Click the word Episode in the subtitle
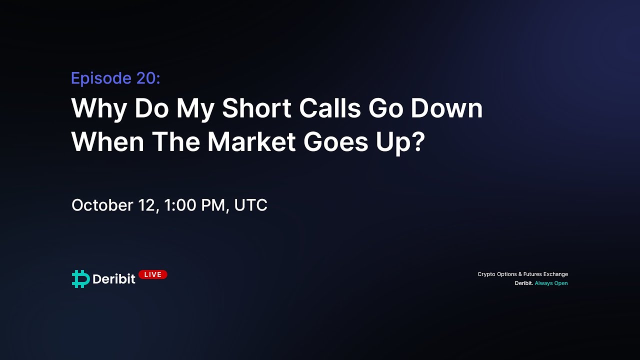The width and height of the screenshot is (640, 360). click(x=101, y=78)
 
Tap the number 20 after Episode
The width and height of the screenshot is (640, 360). click(x=148, y=78)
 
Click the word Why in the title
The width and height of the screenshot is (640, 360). click(x=99, y=109)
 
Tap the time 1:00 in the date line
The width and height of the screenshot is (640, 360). click(x=180, y=205)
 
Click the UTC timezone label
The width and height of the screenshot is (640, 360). click(x=250, y=205)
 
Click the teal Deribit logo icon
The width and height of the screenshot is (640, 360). click(x=80, y=278)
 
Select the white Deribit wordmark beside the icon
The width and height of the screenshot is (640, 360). click(x=114, y=279)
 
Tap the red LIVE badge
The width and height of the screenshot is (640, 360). click(x=152, y=274)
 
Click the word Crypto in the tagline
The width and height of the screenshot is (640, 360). click(x=486, y=274)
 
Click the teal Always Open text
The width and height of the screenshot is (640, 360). click(x=551, y=283)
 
